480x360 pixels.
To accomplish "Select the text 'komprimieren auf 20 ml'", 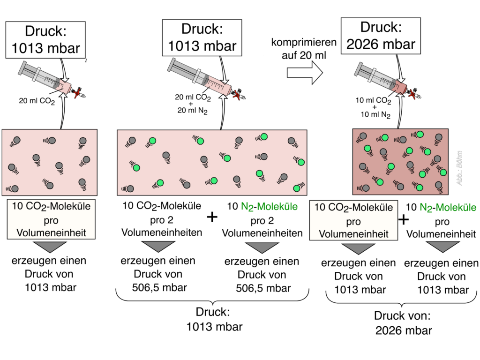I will point(304,48).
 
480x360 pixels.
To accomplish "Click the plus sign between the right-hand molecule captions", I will point(403,219).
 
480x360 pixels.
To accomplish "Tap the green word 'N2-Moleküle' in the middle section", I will point(262,206).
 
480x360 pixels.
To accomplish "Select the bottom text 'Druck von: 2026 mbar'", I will point(404,323).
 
